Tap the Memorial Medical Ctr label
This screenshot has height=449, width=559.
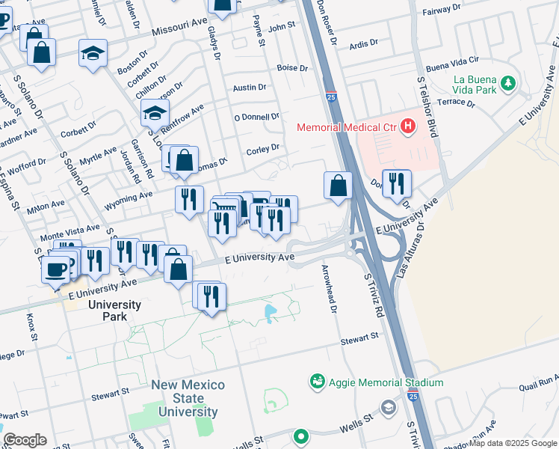point(347,127)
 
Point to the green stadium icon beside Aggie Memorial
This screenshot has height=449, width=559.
point(318,382)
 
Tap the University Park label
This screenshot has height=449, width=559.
point(114,311)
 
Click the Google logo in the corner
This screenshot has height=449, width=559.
point(24,440)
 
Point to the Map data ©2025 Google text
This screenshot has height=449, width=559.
point(512,443)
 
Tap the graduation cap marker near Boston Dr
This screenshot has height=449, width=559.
point(93,54)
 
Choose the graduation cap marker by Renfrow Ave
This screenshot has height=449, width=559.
point(154,113)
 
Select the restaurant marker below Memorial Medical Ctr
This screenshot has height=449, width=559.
point(397,183)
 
